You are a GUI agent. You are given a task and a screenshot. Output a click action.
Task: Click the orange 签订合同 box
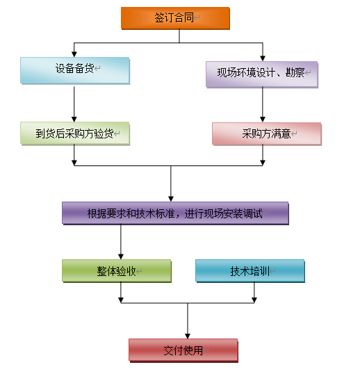pyautogui.click(x=175, y=18)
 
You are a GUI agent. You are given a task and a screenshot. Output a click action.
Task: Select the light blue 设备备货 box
pyautogui.click(x=75, y=70)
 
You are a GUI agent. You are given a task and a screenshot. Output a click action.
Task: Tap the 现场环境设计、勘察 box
pyautogui.click(x=262, y=74)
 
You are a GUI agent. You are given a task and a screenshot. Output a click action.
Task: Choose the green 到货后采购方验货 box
pyautogui.click(x=75, y=133)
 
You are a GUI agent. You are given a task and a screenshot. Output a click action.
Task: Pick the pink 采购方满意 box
pyautogui.click(x=267, y=133)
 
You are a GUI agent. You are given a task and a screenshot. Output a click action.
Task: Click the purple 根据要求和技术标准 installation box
pyautogui.click(x=175, y=213)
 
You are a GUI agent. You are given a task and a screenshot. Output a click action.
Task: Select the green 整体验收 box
pyautogui.click(x=117, y=271)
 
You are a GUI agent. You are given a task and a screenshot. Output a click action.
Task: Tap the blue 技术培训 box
pyautogui.click(x=250, y=271)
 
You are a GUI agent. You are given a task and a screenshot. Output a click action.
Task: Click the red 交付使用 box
pyautogui.click(x=183, y=350)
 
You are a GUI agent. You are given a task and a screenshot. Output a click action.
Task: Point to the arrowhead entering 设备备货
pyautogui.click(x=74, y=54)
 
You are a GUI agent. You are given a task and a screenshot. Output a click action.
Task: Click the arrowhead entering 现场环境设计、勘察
pyautogui.click(x=263, y=58)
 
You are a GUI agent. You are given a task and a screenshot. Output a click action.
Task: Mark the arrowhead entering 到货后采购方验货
pyautogui.click(x=74, y=119)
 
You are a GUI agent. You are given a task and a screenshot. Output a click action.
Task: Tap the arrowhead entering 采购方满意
pyautogui.click(x=263, y=120)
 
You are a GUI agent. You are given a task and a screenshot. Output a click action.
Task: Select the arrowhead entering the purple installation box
pyautogui.click(x=171, y=199)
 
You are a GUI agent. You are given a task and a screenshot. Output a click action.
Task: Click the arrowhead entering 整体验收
pyautogui.click(x=121, y=257)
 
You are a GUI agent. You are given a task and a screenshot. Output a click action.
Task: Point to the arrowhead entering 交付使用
pyautogui.click(x=188, y=336)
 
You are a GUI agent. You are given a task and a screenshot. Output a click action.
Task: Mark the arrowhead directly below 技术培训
pyautogui.click(x=254, y=300)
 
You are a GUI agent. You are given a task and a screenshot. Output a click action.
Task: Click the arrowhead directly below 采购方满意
pyautogui.click(x=263, y=163)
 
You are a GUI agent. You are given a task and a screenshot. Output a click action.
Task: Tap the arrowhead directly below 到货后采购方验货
pyautogui.click(x=74, y=163)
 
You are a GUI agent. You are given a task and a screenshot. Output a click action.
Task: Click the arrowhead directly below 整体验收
pyautogui.click(x=121, y=300)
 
